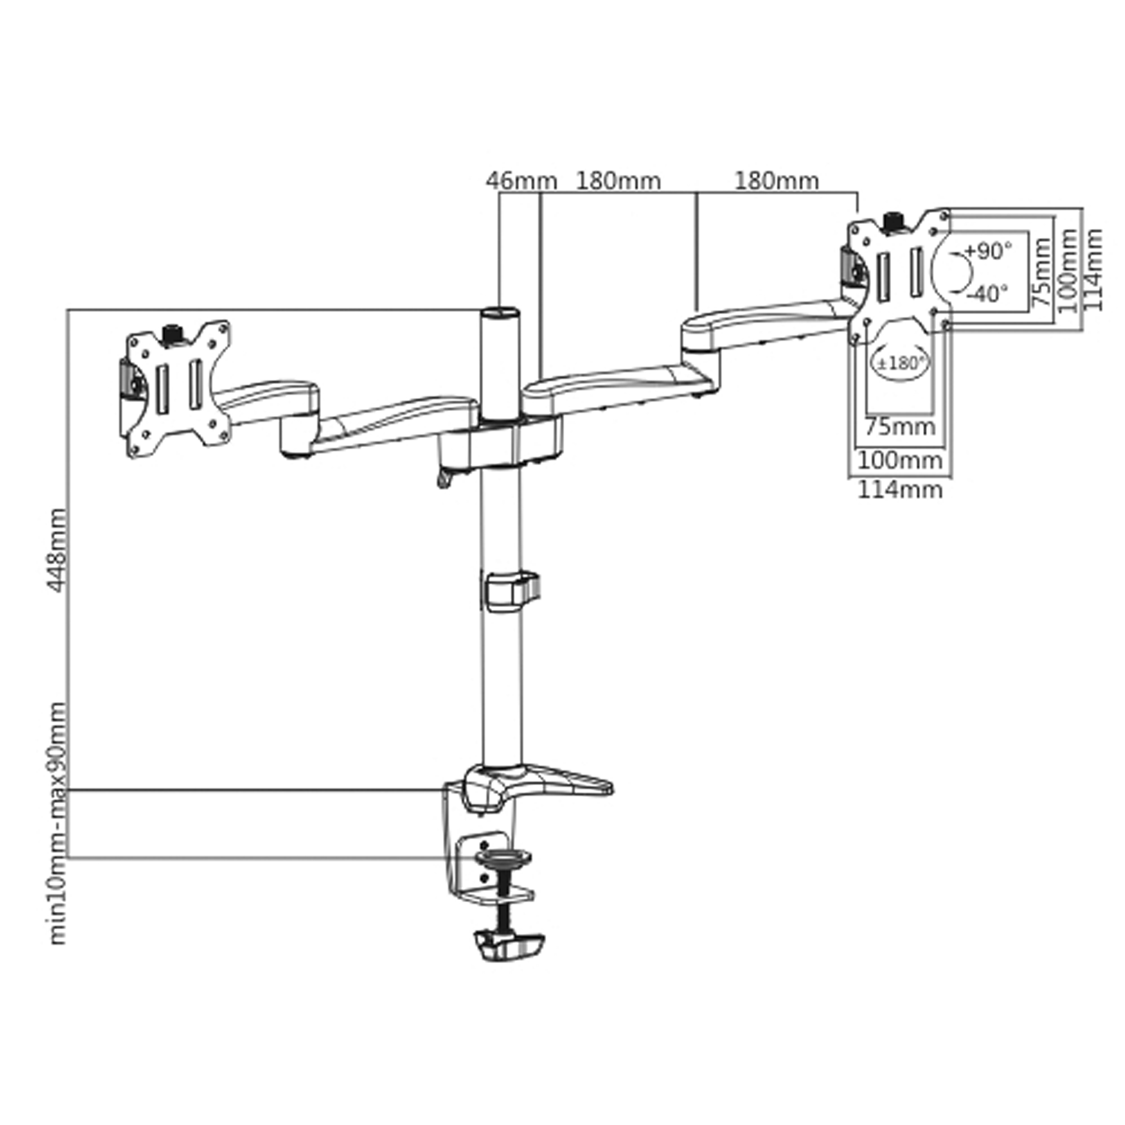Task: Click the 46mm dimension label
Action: coord(521,181)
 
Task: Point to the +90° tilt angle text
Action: coord(988,251)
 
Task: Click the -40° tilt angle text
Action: coord(988,294)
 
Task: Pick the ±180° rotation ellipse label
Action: coord(901,363)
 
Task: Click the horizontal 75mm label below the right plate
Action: coord(900,427)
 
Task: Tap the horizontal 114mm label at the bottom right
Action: coord(900,490)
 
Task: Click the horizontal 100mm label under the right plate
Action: coord(900,460)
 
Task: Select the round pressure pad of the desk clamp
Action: coord(503,857)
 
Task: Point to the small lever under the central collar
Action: coord(445,479)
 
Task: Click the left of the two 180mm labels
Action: coord(618,181)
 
